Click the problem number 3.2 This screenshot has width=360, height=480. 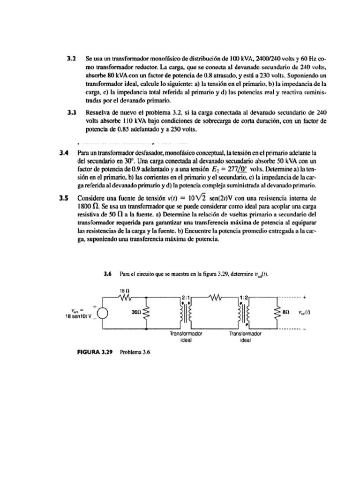71,60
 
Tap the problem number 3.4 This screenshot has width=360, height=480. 64,153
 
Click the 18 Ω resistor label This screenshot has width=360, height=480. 125,290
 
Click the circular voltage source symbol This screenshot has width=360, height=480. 103,311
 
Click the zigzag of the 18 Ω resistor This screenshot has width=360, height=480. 125,297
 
